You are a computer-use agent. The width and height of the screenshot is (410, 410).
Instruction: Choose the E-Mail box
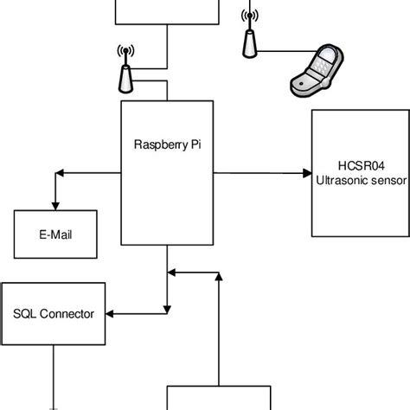55,234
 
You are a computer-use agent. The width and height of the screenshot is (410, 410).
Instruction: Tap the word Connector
68,314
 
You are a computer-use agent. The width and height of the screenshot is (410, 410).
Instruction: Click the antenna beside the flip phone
250,39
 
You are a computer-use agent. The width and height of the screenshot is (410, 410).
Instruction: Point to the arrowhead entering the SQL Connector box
114,313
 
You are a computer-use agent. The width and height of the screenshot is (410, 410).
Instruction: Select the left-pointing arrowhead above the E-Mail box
58,174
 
